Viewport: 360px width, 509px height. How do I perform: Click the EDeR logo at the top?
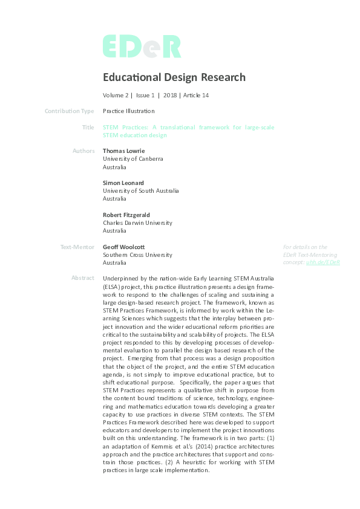[142, 47]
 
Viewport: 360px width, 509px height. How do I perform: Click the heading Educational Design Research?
[174, 77]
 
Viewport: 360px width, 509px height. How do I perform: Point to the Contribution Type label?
[70, 111]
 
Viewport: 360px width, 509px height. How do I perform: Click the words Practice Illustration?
[129, 111]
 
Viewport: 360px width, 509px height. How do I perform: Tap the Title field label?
[88, 128]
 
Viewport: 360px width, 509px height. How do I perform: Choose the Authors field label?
[83, 151]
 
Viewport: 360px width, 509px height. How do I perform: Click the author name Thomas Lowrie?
[125, 151]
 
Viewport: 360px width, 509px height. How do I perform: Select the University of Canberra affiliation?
[133, 159]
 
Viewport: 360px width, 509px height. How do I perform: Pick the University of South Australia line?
[141, 190]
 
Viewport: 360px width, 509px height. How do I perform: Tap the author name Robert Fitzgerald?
[126, 215]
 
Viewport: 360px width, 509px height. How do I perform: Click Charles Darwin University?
[137, 222]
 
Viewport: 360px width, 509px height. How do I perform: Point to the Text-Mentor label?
[77, 247]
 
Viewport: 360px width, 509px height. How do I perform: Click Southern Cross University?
[137, 254]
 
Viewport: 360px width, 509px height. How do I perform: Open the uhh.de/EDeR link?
[322, 262]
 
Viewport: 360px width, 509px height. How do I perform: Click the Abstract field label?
[83, 278]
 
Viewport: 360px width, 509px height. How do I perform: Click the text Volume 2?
[116, 96]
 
